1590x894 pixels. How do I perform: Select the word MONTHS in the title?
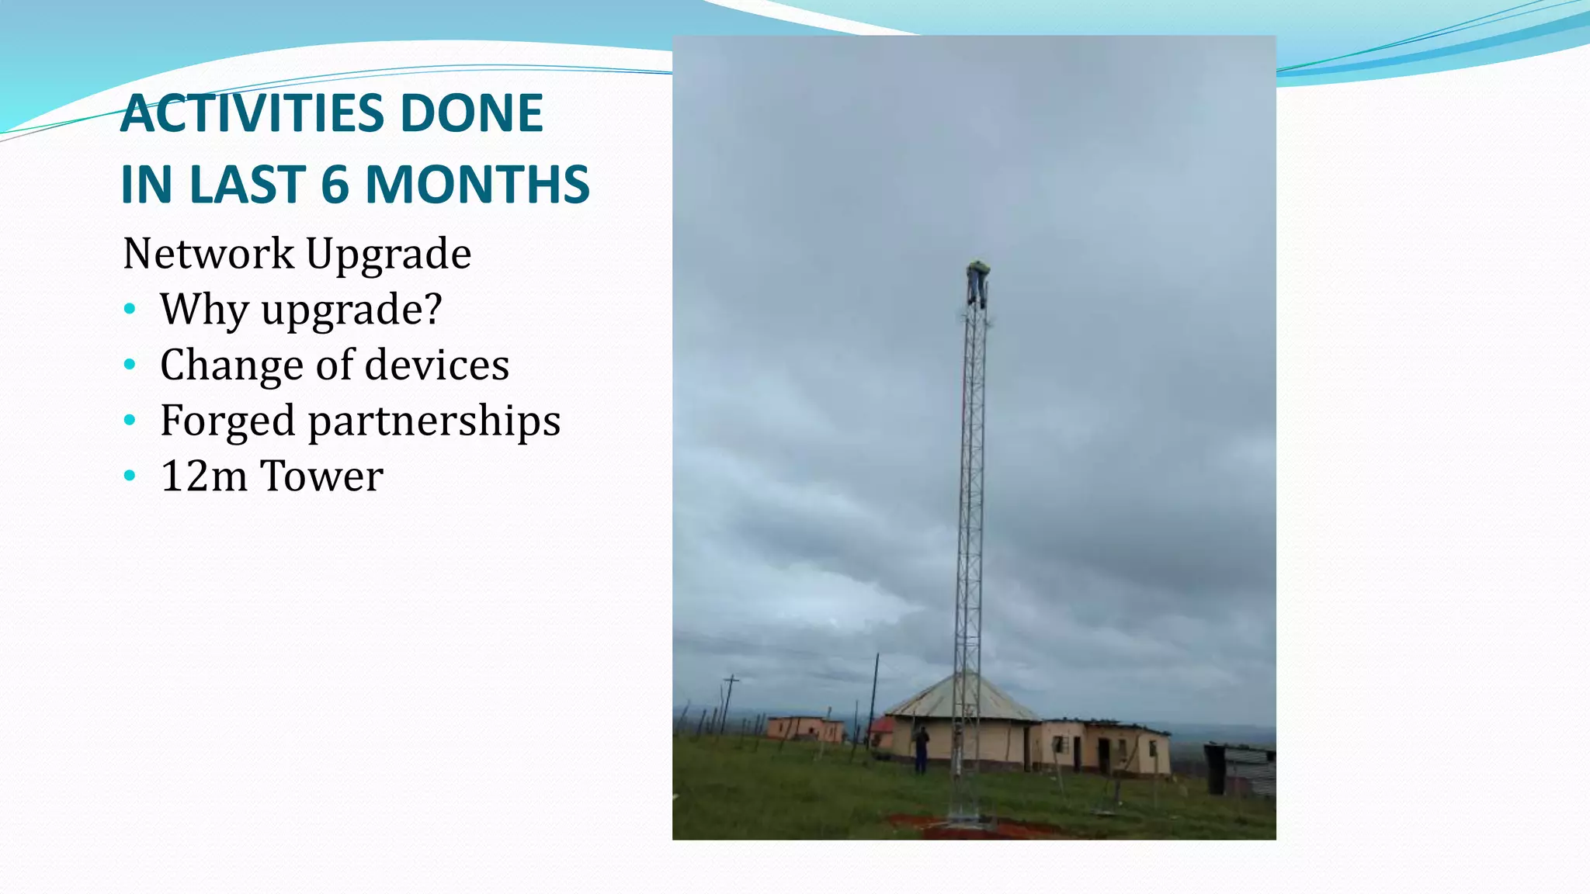pyautogui.click(x=477, y=185)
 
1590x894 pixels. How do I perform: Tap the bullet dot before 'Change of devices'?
pyautogui.click(x=130, y=364)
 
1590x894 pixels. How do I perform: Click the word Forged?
pyautogui.click(x=227, y=421)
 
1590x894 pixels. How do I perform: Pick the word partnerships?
pyautogui.click(x=434, y=421)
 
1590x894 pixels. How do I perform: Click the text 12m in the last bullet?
pyautogui.click(x=203, y=476)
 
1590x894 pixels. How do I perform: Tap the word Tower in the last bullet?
pyautogui.click(x=321, y=476)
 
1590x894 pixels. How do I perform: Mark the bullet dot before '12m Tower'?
pyautogui.click(x=130, y=476)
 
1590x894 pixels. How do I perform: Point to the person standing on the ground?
pyautogui.click(x=921, y=749)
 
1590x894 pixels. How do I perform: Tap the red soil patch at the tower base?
pyautogui.click(x=970, y=826)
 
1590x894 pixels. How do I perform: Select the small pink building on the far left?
pyautogui.click(x=804, y=729)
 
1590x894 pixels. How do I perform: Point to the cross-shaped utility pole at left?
pyautogui.click(x=730, y=698)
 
